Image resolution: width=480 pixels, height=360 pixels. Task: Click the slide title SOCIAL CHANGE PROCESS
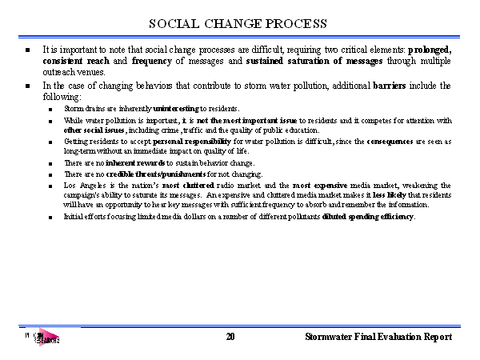coord(238,22)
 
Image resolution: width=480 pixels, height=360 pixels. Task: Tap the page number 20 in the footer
coord(230,338)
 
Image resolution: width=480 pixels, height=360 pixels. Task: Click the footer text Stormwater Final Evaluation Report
coord(378,338)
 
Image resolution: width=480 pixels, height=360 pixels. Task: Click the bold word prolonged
coord(430,50)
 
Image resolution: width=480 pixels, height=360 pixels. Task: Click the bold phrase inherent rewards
coord(135,162)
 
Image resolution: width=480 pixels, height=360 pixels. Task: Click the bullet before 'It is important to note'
coord(28,50)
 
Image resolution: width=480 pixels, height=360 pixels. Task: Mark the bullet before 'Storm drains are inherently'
coord(50,109)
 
